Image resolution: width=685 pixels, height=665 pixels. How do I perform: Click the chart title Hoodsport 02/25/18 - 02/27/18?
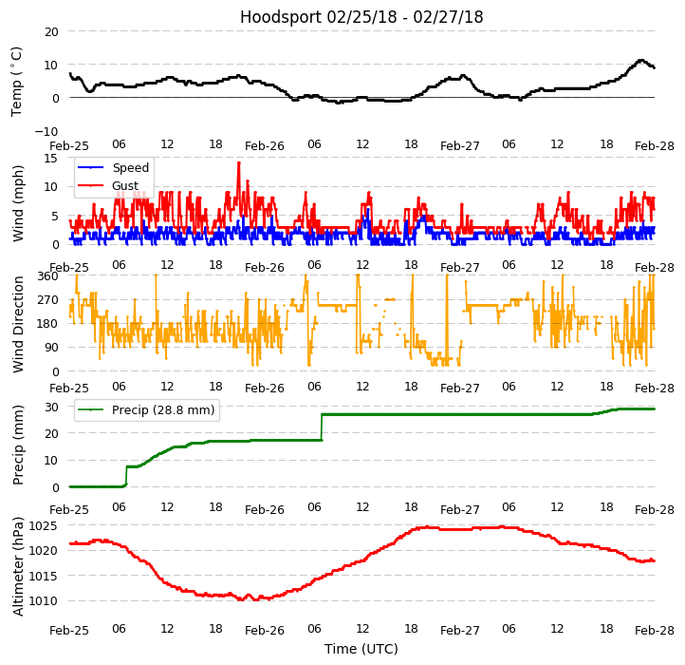pyautogui.click(x=361, y=17)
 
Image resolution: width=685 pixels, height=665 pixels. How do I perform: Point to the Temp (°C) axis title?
pyautogui.click(x=17, y=81)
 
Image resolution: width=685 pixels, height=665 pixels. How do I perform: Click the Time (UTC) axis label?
pyautogui.click(x=361, y=650)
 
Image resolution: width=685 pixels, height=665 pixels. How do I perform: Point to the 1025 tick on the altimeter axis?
pyautogui.click(x=43, y=525)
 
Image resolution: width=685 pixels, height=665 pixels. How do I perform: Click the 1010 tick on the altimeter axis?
pyautogui.click(x=43, y=601)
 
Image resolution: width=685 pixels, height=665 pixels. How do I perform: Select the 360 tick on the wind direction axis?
pyautogui.click(x=47, y=276)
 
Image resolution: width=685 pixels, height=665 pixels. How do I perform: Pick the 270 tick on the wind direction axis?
pyautogui.click(x=47, y=300)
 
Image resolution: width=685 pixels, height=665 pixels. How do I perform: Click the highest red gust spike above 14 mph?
pyautogui.click(x=239, y=162)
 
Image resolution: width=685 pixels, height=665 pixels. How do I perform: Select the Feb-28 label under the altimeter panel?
pyautogui.click(x=655, y=631)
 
